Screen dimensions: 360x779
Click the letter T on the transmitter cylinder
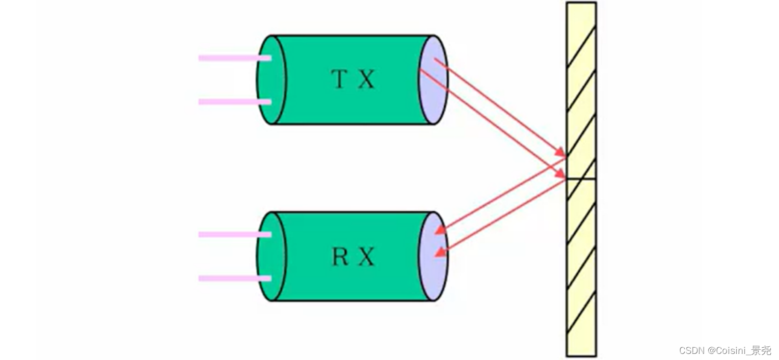340,79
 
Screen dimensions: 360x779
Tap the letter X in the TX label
366,79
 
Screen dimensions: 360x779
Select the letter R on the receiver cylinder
340,257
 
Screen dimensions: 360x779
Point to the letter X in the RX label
366,257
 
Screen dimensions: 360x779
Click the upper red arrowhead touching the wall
560,153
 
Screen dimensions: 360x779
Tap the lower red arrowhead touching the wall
560,175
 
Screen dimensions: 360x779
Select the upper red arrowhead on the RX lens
440,230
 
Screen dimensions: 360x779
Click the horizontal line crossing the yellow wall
581,179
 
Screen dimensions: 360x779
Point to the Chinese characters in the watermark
763,351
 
